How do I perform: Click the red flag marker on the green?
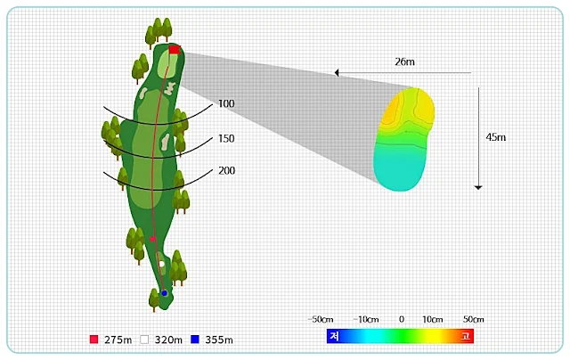(x=175, y=50)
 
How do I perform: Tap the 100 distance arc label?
(x=226, y=103)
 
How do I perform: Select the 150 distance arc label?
(x=226, y=138)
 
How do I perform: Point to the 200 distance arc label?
(x=226, y=170)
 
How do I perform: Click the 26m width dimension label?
(x=404, y=61)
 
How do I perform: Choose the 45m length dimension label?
(x=496, y=137)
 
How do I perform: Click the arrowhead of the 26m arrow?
(x=337, y=73)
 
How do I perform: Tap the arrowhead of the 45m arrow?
(x=478, y=187)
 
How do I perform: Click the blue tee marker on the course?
(x=164, y=293)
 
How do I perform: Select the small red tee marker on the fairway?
(x=152, y=239)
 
